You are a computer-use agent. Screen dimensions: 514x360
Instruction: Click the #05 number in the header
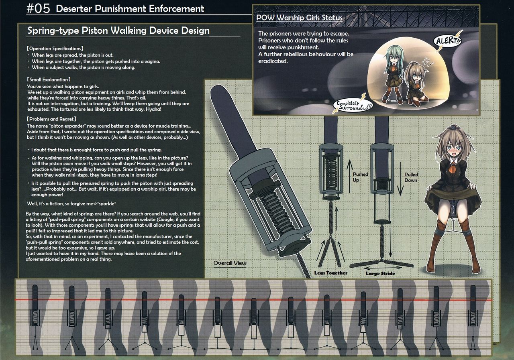point(38,9)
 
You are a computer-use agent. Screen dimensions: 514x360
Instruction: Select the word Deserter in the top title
point(74,9)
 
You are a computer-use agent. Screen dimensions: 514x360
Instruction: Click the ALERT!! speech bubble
point(448,41)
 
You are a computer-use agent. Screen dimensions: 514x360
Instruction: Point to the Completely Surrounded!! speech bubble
point(353,105)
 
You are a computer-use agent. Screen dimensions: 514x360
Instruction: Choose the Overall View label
point(230,263)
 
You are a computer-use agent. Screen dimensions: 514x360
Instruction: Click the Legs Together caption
point(330,273)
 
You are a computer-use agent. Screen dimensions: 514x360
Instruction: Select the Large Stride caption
point(380,273)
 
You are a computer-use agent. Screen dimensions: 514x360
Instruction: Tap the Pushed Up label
point(360,177)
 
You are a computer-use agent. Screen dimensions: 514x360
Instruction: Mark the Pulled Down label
point(411,177)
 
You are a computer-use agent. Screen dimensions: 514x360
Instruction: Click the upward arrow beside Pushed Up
point(349,176)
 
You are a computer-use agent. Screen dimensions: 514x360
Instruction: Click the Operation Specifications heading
point(55,49)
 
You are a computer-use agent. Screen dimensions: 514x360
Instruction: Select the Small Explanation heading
point(49,79)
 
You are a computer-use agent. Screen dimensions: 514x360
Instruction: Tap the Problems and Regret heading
point(51,119)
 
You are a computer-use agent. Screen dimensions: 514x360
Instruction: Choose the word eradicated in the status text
point(273,61)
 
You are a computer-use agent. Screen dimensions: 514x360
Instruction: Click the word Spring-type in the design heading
point(53,31)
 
